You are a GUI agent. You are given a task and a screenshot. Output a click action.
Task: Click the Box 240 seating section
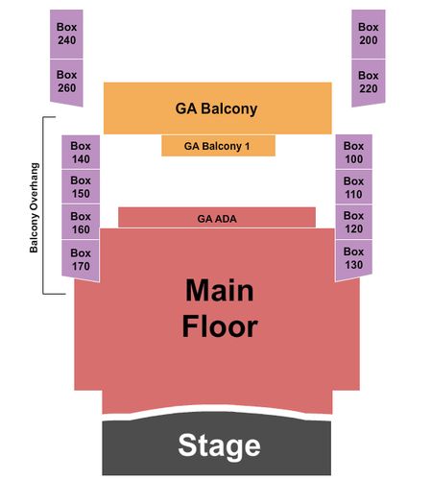coord(66,34)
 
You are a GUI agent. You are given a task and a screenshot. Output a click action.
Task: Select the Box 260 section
coord(66,82)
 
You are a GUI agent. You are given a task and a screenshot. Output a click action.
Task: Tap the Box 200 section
coord(369,34)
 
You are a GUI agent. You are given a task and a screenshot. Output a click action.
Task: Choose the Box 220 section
coord(369,83)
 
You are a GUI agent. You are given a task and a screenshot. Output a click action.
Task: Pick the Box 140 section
coord(81,152)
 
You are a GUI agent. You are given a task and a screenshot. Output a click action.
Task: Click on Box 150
coord(81,187)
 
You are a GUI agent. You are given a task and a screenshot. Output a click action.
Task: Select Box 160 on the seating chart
coord(81,222)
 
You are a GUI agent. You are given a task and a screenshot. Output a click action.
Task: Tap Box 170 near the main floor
coord(81,259)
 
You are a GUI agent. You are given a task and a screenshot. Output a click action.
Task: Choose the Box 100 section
coord(353,152)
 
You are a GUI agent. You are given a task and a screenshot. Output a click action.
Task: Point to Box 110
coord(353,187)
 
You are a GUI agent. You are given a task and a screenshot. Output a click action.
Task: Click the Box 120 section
coord(353,222)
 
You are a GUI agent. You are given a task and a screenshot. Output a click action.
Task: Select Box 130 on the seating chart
coord(353,258)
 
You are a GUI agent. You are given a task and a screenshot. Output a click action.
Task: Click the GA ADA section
coord(217,218)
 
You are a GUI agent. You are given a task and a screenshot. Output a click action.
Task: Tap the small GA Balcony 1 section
coord(218,146)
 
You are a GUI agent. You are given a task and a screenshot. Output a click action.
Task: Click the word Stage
coord(219,446)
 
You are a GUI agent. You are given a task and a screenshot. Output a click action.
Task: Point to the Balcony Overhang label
coord(34,208)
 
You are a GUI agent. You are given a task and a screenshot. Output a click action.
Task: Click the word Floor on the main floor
coord(220,326)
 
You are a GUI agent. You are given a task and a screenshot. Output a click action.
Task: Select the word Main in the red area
coord(220,290)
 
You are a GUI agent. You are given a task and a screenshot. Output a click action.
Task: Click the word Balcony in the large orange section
coord(229,108)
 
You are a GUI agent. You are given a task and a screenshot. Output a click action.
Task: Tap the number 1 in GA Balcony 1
coord(247,146)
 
